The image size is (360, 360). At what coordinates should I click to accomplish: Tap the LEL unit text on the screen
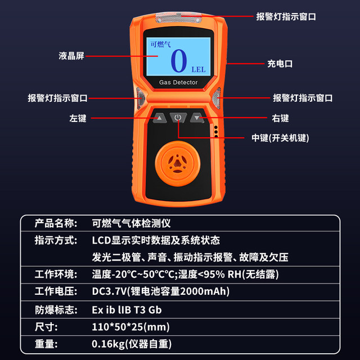click(199, 70)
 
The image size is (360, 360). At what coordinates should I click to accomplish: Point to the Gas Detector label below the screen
click(178, 83)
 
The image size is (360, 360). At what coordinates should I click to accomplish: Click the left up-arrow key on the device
click(159, 118)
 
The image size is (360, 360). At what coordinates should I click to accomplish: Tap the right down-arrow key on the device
click(197, 118)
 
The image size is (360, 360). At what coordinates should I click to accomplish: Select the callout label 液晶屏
click(71, 56)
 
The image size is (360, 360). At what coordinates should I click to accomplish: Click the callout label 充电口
click(280, 64)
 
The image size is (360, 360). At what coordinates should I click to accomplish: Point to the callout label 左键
click(78, 119)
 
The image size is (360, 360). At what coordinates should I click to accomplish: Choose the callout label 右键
click(280, 119)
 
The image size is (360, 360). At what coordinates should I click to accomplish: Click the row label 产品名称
click(55, 222)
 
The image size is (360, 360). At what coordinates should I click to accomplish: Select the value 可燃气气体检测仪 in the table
click(130, 222)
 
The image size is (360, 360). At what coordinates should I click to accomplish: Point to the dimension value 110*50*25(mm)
click(130, 327)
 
